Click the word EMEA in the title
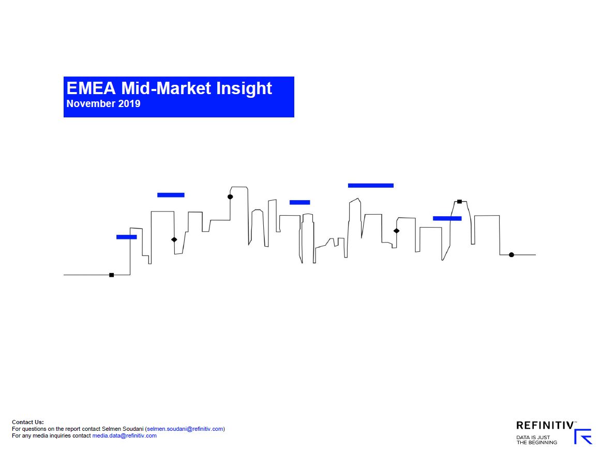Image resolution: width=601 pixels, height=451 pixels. [91, 88]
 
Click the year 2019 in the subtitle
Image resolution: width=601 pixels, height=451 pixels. [129, 103]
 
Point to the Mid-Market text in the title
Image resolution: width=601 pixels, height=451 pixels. [166, 88]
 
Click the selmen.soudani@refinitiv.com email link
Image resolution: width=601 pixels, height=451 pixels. [185, 429]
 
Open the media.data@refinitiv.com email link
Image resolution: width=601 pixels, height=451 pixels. [125, 435]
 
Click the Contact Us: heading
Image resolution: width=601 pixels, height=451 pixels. [28, 422]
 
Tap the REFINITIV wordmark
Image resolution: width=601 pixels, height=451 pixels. [545, 425]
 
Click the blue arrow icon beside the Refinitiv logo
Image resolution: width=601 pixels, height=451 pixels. [583, 437]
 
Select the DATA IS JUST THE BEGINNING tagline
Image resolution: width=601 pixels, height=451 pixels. [537, 440]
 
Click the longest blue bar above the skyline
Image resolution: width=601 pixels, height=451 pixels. [371, 186]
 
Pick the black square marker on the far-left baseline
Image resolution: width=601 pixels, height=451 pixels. [112, 275]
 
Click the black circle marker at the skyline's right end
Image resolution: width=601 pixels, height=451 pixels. [512, 255]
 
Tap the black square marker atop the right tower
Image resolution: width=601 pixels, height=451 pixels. [460, 202]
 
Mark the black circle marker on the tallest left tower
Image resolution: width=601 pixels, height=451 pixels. [230, 197]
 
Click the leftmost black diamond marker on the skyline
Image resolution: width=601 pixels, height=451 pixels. [174, 239]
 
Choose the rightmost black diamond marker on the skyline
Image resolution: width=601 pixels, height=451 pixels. [396, 231]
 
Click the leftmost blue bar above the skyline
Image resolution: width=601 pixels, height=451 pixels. [127, 237]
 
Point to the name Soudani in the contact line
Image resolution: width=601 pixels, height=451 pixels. [133, 429]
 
